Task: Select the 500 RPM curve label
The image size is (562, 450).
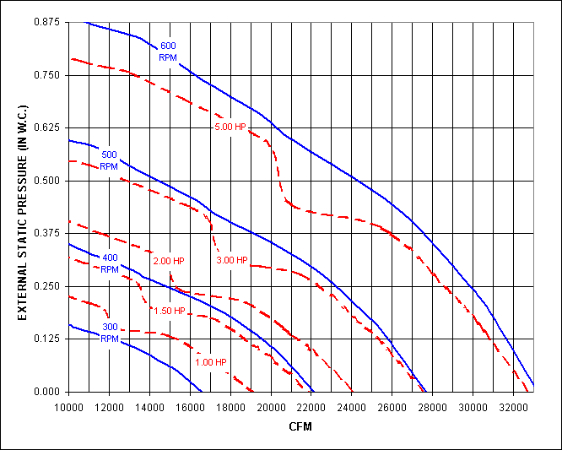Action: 110,160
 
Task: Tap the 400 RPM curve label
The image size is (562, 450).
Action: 110,263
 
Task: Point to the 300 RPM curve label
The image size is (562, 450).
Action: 110,333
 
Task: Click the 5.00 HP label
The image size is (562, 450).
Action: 230,127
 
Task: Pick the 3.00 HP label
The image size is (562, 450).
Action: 231,260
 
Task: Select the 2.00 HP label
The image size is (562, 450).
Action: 169,260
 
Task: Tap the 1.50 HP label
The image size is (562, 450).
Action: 169,311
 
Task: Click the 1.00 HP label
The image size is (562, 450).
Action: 210,362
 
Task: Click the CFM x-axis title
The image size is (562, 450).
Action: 300,426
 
